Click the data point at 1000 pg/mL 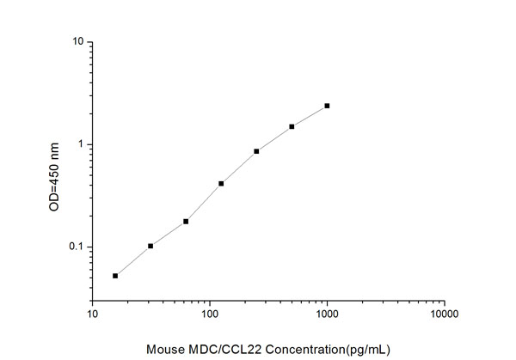327,106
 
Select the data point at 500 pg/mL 292,126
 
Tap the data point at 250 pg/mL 256,151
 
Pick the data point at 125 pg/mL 221,183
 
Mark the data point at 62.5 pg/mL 186,221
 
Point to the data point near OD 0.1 150,246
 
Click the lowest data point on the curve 115,276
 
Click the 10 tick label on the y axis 77,42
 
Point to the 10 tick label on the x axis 93,314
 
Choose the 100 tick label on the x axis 210,314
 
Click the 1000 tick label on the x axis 327,314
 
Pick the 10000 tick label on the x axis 444,314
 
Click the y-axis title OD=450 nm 55,178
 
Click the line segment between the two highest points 310,116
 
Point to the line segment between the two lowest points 133,260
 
